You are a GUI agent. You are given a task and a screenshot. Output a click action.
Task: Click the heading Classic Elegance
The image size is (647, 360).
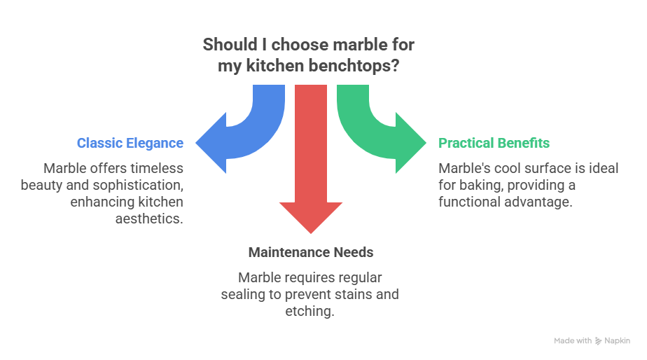[130, 144]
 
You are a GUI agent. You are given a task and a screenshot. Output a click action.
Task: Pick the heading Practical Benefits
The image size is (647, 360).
[494, 144]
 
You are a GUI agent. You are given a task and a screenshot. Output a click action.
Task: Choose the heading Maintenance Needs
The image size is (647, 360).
[311, 252]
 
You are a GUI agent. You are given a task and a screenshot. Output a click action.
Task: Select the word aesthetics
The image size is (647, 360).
[148, 219]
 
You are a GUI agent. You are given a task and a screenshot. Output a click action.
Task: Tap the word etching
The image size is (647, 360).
[309, 312]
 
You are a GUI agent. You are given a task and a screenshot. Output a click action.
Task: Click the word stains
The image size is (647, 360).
[355, 295]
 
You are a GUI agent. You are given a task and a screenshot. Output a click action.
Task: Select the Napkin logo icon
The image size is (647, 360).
[598, 341]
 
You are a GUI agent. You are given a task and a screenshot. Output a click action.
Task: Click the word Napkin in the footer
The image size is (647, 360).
[617, 341]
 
